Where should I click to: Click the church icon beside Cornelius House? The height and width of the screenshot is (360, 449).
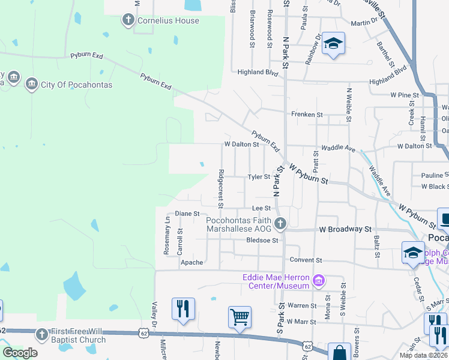128,20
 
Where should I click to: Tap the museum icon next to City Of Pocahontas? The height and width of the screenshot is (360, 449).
31,85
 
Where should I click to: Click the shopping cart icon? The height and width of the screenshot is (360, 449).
240,316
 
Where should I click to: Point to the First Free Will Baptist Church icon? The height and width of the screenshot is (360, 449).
41,335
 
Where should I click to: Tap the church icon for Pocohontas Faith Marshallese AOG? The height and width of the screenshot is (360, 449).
280,224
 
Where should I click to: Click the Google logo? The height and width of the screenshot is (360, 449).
19,353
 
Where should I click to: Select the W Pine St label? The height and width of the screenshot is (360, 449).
404,95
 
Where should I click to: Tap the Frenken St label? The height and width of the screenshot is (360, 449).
307,114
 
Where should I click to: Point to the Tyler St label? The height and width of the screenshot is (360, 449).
259,177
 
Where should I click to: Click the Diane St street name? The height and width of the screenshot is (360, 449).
187,213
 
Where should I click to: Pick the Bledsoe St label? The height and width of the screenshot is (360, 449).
263,241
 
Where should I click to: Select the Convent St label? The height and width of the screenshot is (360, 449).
306,260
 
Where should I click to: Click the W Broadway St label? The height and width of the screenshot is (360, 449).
346,229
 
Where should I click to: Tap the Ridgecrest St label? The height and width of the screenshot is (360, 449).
221,188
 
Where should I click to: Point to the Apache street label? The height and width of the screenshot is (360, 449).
192,263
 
